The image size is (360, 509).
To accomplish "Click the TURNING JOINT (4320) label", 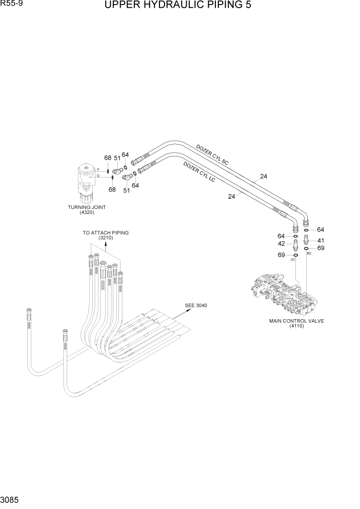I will click(x=87, y=209).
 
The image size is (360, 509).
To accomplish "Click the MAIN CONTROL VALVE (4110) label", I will click(x=296, y=323).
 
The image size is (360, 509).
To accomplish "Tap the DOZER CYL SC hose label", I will click(x=212, y=154).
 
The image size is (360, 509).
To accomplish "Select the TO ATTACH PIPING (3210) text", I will click(x=106, y=235).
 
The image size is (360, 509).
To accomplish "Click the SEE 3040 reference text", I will click(x=196, y=306).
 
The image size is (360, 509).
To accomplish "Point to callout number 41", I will click(x=321, y=240).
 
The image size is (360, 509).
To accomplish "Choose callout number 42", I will click(x=282, y=244).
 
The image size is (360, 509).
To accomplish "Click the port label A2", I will click(x=293, y=260).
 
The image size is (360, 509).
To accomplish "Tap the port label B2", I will click(x=309, y=253).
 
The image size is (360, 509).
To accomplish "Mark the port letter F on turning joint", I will click(x=98, y=169).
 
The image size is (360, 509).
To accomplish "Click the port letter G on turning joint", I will click(x=98, y=176).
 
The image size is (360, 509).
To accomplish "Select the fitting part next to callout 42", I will click(x=296, y=244).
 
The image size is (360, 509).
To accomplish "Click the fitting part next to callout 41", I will click(x=306, y=240).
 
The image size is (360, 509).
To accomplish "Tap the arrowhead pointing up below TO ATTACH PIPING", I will click(x=106, y=245).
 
